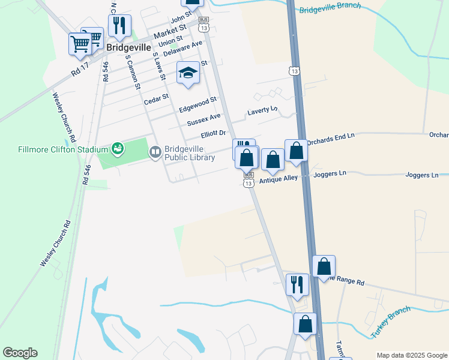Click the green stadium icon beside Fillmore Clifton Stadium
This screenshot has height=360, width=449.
118,148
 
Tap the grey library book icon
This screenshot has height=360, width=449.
155,152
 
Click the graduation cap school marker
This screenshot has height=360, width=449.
188,74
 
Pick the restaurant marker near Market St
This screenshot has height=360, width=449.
119,25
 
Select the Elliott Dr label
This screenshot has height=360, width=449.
213,134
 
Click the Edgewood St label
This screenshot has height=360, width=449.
197,104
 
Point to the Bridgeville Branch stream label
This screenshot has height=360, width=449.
330,8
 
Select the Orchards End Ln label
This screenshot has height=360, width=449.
331,140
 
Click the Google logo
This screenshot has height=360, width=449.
20,353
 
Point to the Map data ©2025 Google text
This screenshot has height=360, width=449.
412,355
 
